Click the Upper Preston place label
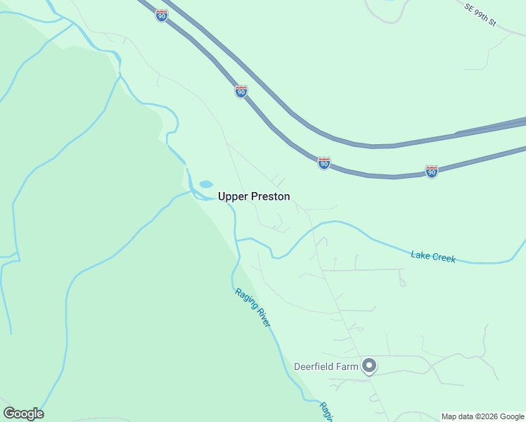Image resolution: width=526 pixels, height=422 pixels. coord(254,197)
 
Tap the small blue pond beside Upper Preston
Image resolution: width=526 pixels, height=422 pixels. coord(206,184)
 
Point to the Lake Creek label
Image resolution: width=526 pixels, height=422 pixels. coord(433,257)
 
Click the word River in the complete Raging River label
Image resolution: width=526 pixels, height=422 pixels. coord(262,314)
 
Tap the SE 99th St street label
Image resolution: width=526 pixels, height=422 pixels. coord(480,14)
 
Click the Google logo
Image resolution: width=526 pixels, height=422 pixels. coord(23,414)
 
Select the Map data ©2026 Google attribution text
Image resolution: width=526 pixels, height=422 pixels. coord(482,416)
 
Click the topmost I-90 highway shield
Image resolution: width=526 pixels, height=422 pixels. coord(162,15)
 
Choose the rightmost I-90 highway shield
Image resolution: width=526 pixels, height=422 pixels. coord(432,171)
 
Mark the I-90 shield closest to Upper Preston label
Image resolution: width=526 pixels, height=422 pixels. coord(323,163)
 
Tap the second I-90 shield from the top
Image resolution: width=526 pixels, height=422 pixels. coord(241,91)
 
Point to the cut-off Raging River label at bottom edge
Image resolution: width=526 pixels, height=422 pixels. coord(325,411)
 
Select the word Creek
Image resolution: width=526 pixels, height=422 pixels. coord(444,258)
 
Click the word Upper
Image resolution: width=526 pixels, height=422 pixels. coord(233,197)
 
